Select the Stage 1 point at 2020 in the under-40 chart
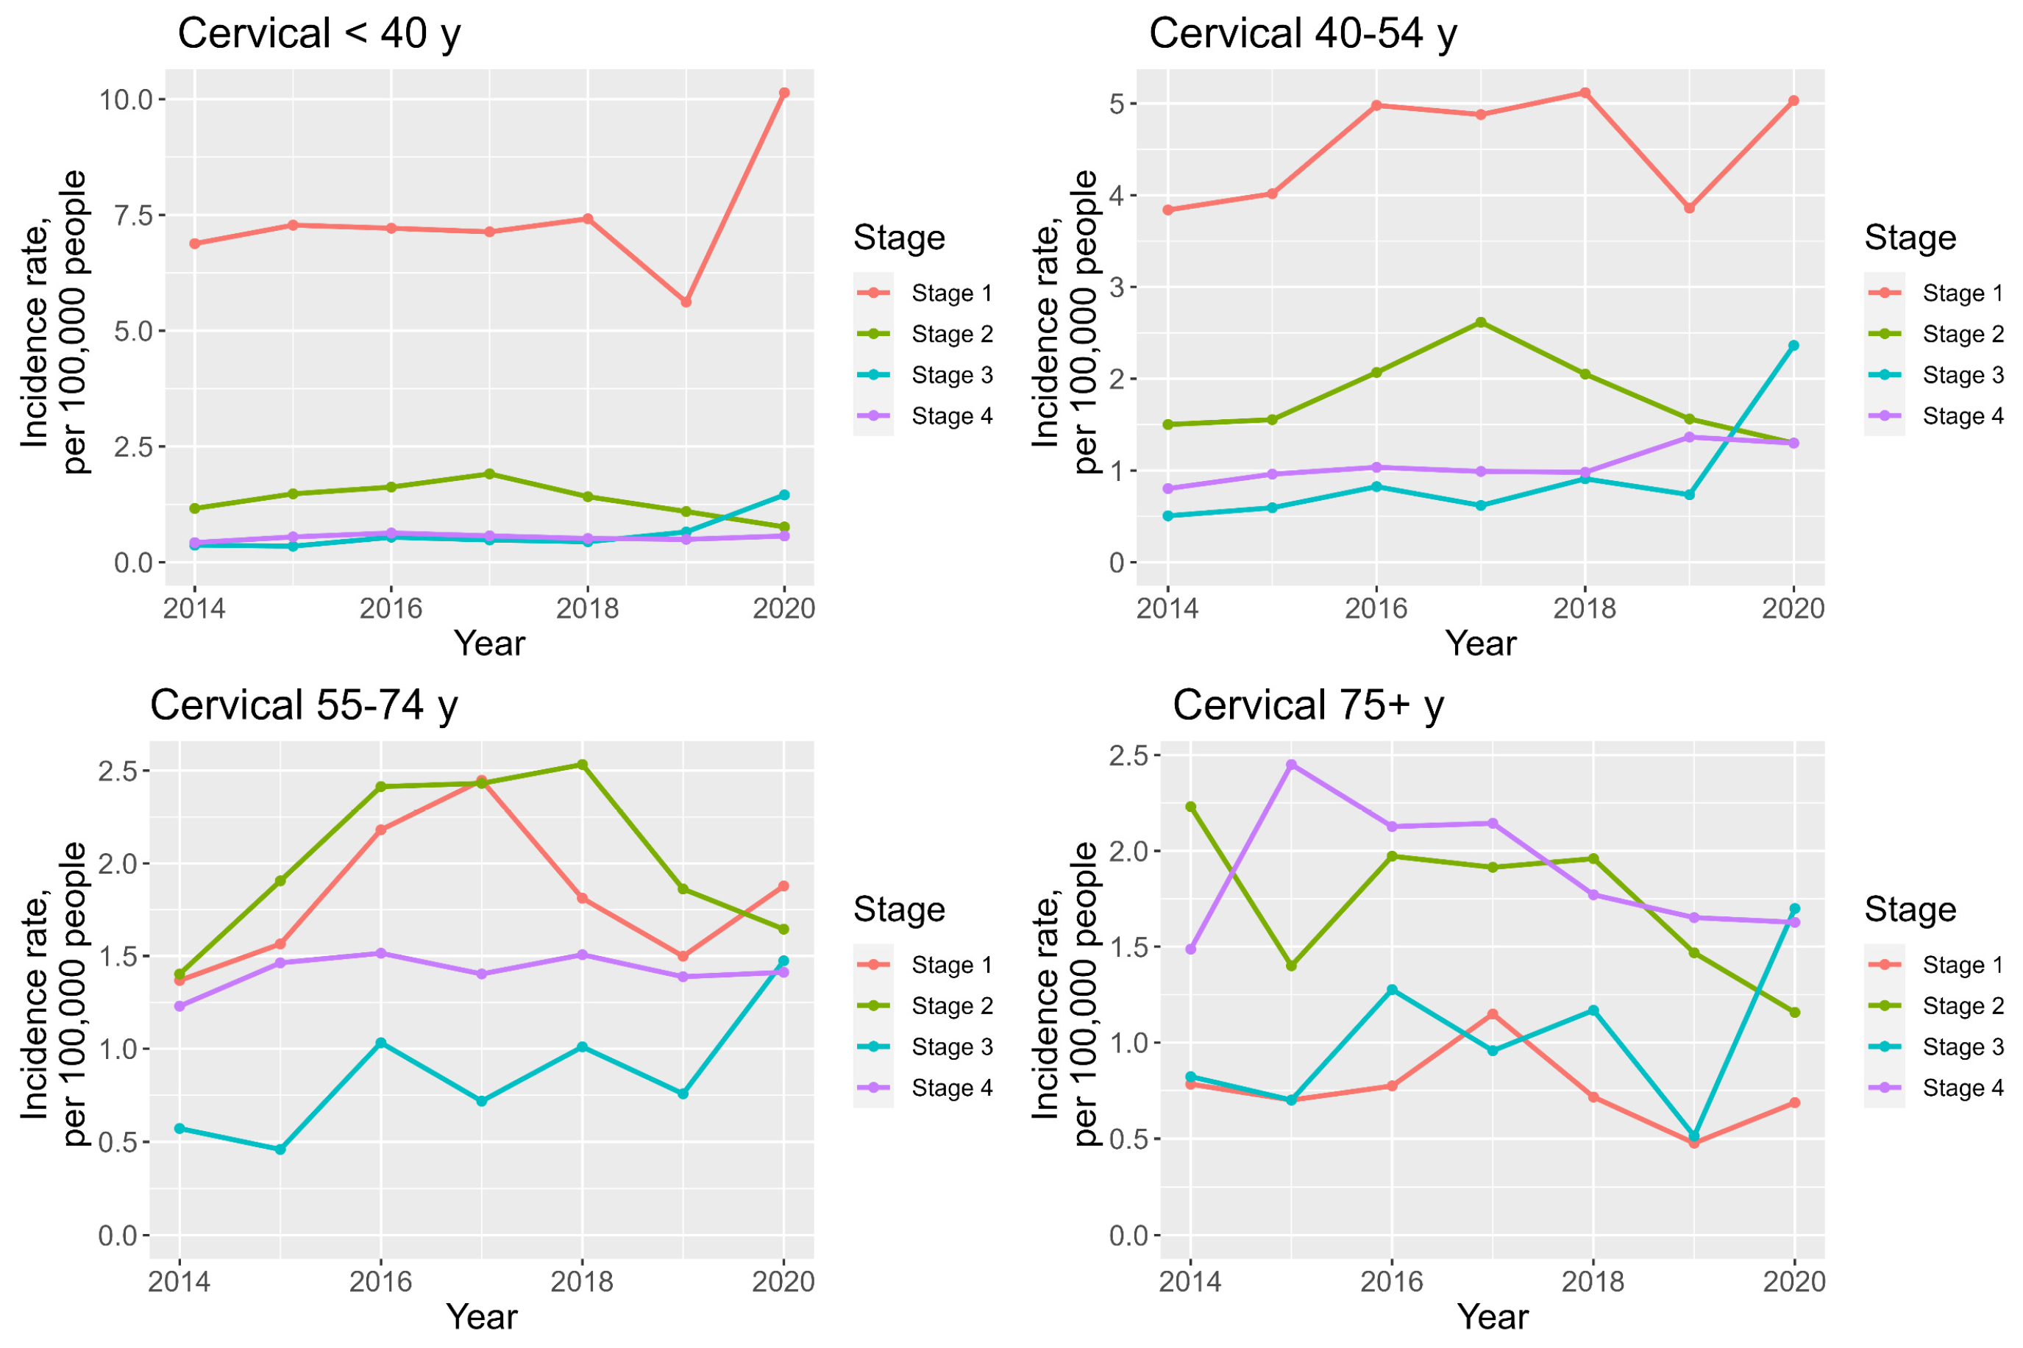(x=783, y=93)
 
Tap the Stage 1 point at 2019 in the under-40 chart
(x=685, y=302)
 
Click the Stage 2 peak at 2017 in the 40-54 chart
(x=1479, y=322)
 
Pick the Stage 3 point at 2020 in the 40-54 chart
(x=1793, y=346)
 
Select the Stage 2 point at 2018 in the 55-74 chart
(x=582, y=764)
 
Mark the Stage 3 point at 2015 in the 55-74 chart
(x=280, y=1149)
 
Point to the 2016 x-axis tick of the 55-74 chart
(x=380, y=1282)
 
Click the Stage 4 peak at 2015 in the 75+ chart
(x=1290, y=764)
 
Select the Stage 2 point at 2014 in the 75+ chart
(x=1190, y=807)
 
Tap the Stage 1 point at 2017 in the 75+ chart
(x=1492, y=1013)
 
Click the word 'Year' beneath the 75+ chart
(x=1492, y=1316)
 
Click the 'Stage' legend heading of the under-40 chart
(x=898, y=238)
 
